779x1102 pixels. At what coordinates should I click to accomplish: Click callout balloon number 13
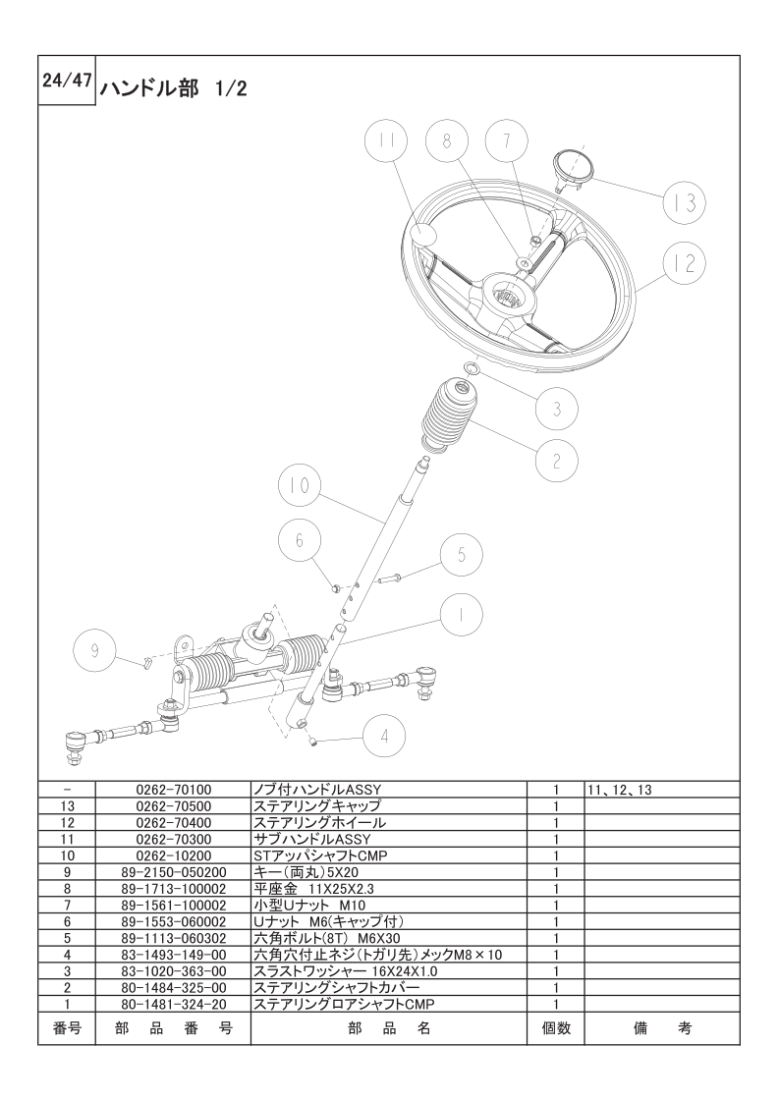pyautogui.click(x=685, y=202)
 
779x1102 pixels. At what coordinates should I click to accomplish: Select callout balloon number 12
pyautogui.click(x=685, y=263)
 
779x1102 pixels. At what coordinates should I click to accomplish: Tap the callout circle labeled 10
pyautogui.click(x=300, y=485)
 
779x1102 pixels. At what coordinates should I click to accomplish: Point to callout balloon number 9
pyautogui.click(x=95, y=651)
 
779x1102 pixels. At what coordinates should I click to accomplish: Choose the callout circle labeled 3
pyautogui.click(x=556, y=409)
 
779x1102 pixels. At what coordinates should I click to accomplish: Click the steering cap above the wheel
pyautogui.click(x=573, y=170)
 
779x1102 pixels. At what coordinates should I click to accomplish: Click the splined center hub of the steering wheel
pyautogui.click(x=508, y=296)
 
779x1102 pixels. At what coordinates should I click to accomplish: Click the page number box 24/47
pyautogui.click(x=67, y=81)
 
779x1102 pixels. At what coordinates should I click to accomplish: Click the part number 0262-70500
pyautogui.click(x=173, y=806)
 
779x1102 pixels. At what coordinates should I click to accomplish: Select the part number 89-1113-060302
pyautogui.click(x=173, y=938)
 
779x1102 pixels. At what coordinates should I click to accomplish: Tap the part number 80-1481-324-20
pyautogui.click(x=173, y=1004)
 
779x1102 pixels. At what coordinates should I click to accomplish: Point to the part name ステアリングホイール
pyautogui.click(x=319, y=822)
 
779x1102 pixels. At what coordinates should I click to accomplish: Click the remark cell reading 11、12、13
pyautogui.click(x=620, y=790)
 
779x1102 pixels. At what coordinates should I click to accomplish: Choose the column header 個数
pyautogui.click(x=555, y=1029)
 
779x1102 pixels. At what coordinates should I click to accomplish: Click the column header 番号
pyautogui.click(x=67, y=1029)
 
